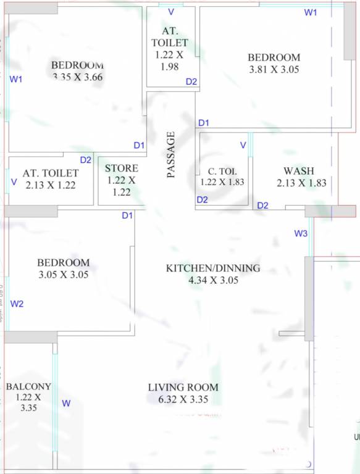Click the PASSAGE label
point(171,155)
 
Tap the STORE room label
point(121,168)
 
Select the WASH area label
point(298,171)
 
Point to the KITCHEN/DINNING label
point(213,268)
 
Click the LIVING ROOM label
point(183,388)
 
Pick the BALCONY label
point(28,386)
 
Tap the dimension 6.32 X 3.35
point(183,399)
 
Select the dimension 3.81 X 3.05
point(274,70)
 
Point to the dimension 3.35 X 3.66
point(78,77)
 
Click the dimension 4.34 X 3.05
point(213,280)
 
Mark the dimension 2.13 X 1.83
point(301,183)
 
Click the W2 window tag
point(17,303)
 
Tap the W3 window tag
point(301,233)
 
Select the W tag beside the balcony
point(66,404)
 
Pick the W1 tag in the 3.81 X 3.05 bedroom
point(311,12)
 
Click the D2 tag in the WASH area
point(263,205)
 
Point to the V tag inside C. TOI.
point(243,145)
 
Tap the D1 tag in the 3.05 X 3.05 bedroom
point(127,215)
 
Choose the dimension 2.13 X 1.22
point(51,185)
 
